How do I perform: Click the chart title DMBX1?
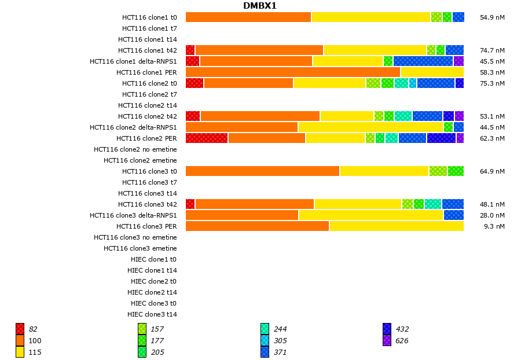[x=260, y=6]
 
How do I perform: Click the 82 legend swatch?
[x=20, y=329]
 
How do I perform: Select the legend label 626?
[x=402, y=340]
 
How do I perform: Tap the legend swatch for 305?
[x=265, y=340]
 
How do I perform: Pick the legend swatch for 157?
[x=142, y=329]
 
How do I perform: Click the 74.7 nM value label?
[x=492, y=50]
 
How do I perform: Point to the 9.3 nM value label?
[x=494, y=226]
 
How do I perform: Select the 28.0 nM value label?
[x=492, y=215]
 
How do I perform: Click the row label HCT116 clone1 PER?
[x=146, y=72]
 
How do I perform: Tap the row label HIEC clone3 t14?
[x=152, y=314]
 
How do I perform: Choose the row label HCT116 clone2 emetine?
[x=140, y=160]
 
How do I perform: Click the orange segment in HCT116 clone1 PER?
[x=293, y=72]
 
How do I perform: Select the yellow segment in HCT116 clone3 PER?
[x=397, y=226]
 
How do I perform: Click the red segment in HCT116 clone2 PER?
[x=207, y=138]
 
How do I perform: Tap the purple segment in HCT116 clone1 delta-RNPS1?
[x=458, y=61]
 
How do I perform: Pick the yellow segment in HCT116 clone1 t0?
[x=371, y=17]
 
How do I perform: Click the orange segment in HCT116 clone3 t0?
[x=262, y=171]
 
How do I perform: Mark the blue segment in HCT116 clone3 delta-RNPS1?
[x=454, y=215]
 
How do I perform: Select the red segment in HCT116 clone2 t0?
[x=195, y=83]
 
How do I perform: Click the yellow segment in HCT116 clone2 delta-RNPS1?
[x=370, y=127]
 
